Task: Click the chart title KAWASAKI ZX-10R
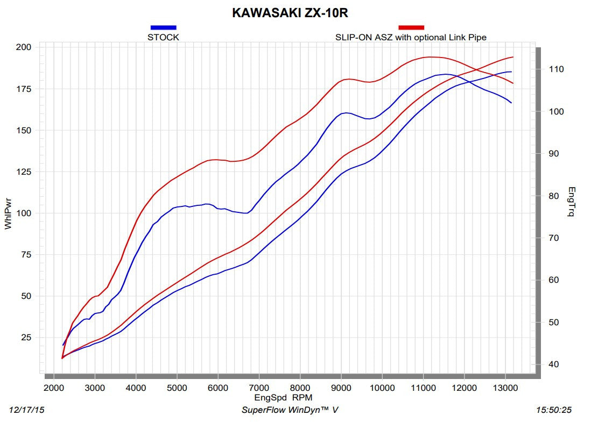point(293,12)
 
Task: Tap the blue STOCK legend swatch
point(163,27)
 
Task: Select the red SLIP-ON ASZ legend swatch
point(411,27)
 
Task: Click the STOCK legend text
point(163,37)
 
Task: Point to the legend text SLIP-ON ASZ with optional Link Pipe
point(411,37)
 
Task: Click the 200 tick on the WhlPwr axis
point(24,47)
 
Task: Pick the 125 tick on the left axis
point(24,172)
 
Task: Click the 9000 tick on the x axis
point(341,388)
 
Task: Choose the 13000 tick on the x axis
point(505,388)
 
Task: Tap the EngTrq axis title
point(571,202)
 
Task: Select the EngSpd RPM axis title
point(283,397)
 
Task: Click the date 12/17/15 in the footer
point(27,410)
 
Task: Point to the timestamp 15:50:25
point(554,410)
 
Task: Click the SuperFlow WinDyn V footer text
point(290,410)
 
